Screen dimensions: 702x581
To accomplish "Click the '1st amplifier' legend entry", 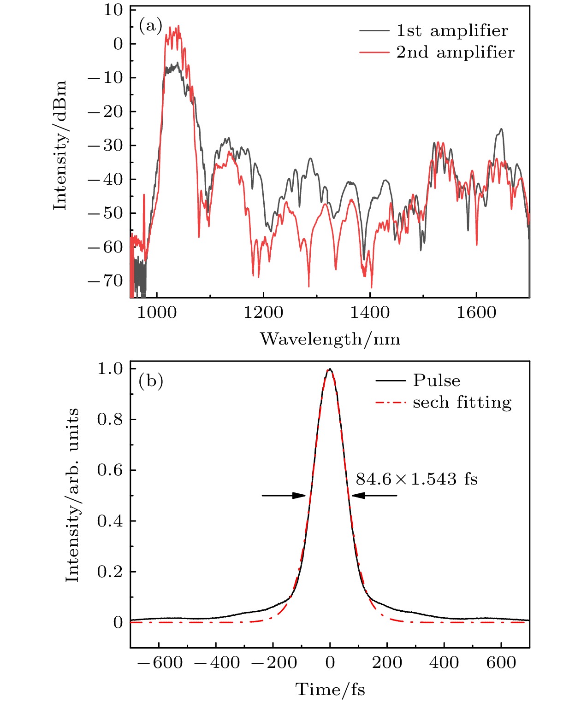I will pos(452,30).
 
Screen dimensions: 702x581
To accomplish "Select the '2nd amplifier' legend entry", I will pos(455,52).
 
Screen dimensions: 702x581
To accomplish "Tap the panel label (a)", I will pos(151,26).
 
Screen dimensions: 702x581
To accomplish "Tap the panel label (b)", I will pos(151,381).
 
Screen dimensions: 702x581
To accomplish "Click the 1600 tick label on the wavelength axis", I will pos(476,313).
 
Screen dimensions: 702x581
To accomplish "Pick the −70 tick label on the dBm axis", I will pos(106,281).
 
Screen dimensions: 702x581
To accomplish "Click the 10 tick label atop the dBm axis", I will pos(113,10).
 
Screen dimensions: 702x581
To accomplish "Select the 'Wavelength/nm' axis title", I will pos(330,339).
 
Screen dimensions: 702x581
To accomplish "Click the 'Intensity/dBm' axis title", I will pos(60,146).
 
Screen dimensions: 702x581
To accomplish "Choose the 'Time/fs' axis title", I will pos(330,690).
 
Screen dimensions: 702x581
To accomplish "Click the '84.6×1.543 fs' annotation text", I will pos(416,480).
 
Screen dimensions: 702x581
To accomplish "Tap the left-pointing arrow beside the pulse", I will pos(374,496).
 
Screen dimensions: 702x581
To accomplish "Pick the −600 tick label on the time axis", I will pos(160,663).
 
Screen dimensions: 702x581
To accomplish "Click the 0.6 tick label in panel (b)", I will pos(110,470).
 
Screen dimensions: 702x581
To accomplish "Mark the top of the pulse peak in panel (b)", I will pos(330,369).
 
